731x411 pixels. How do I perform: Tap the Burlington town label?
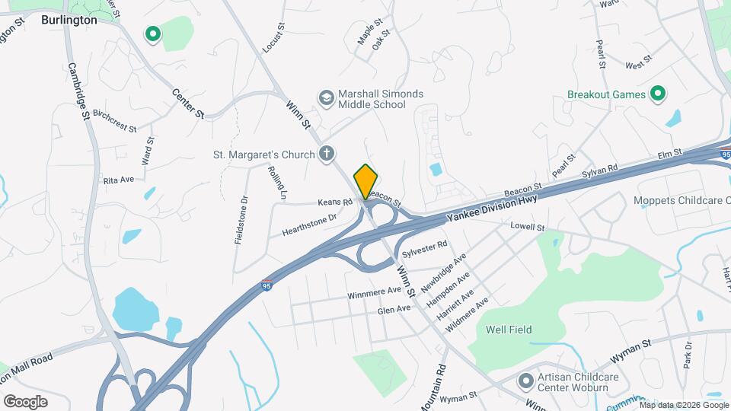coord(69,21)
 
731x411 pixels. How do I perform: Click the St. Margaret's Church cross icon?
coord(327,155)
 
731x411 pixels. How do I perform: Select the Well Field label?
coord(509,330)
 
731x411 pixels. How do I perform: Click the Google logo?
coord(24,401)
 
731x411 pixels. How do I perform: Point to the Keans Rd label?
coord(336,202)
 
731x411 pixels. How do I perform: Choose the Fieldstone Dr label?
coord(242,220)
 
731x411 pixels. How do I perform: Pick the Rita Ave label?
coord(118,180)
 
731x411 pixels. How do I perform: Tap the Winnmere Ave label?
coord(374,291)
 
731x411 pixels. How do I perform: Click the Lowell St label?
coord(528,227)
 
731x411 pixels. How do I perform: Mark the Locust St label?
coord(273,37)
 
